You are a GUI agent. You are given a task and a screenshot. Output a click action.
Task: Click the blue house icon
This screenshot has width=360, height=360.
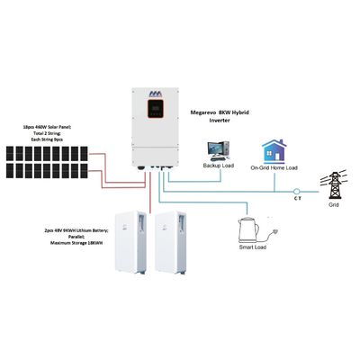pos(274,150)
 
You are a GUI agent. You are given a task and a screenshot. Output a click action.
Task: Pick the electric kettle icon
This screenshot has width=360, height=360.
pos(249,230)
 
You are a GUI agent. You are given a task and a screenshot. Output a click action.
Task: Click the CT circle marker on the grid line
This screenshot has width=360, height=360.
pos(298,190)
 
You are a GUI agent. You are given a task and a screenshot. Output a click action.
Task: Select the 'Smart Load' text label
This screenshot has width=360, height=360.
pos(252,248)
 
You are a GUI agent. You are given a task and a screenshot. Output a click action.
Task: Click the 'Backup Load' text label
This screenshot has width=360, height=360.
pos(217,168)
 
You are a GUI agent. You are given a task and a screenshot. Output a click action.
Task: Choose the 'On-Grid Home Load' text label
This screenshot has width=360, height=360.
pos(274,168)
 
